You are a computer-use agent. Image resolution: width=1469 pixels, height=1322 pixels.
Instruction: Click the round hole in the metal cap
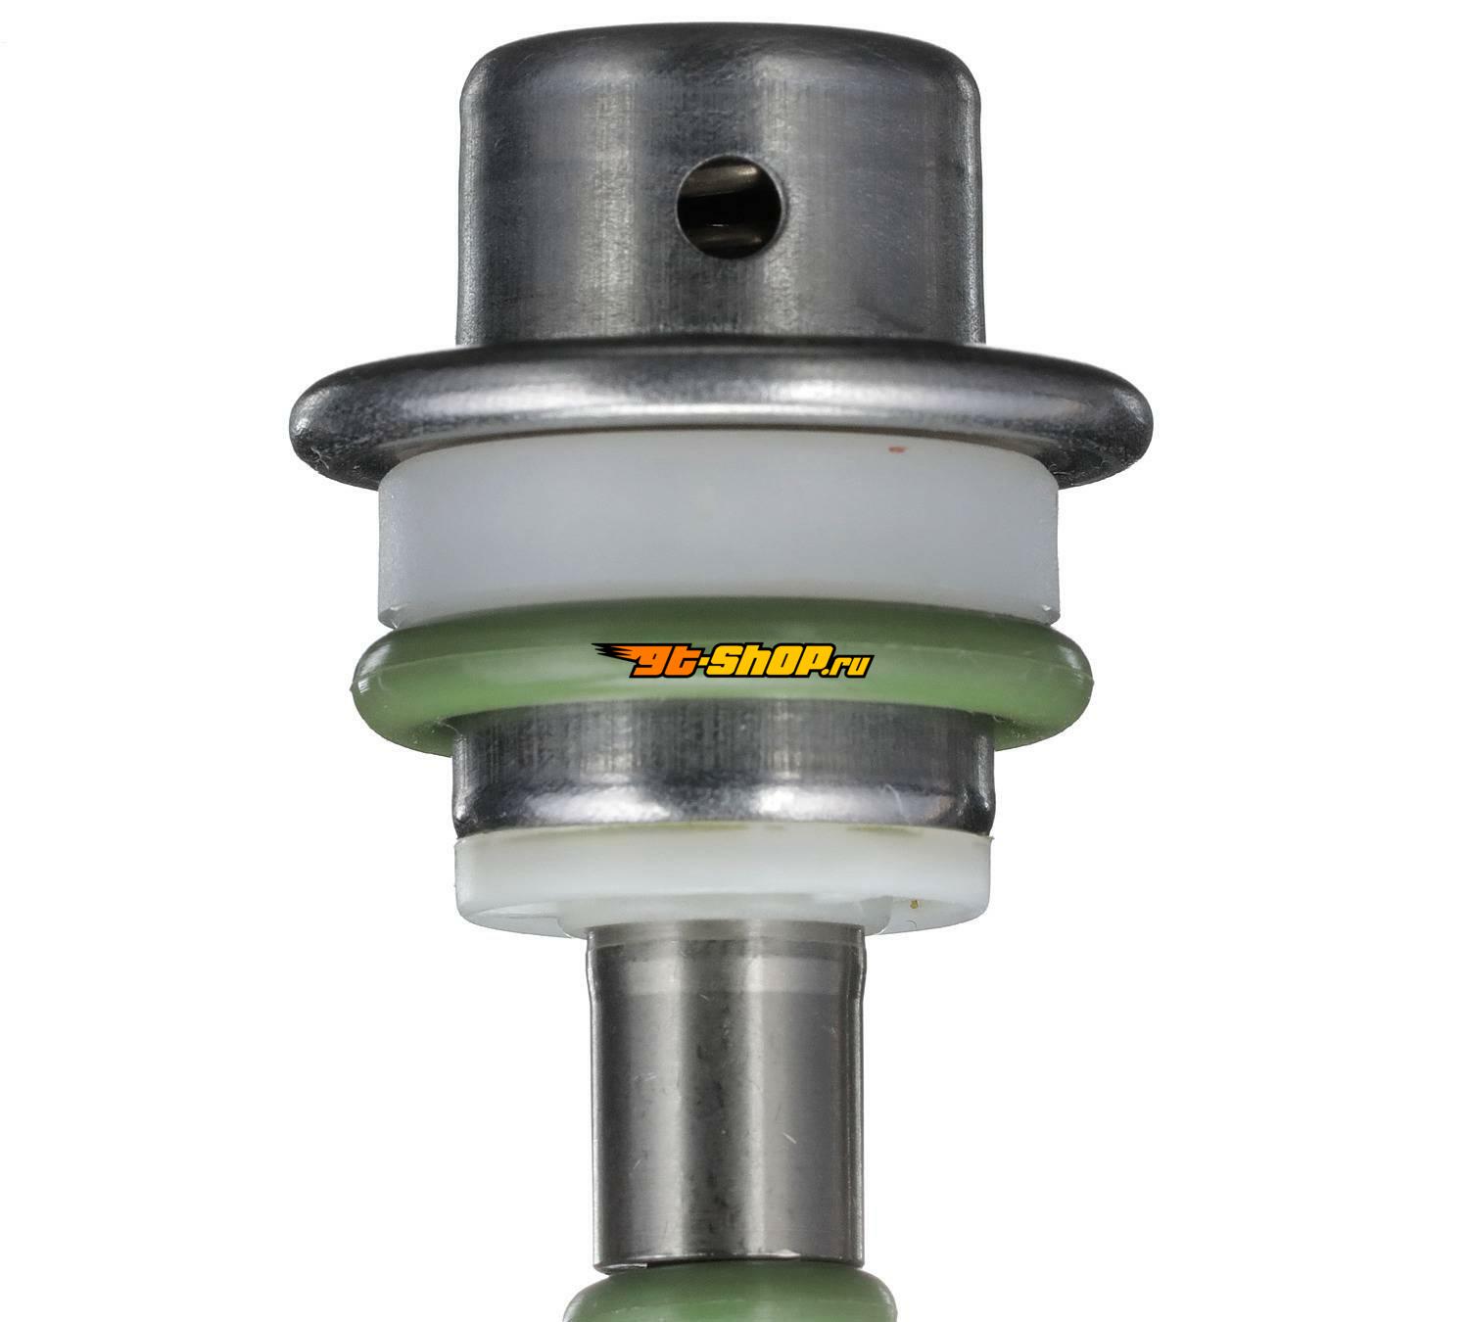point(728,208)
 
